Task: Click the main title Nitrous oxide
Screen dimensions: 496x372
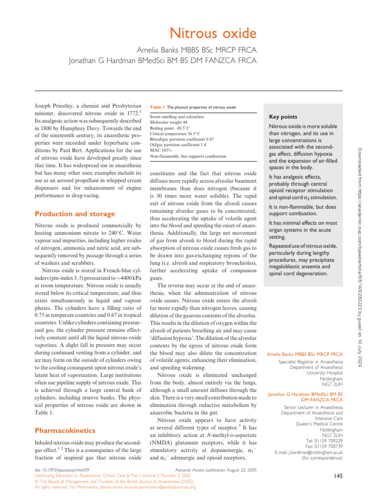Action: click(213, 34)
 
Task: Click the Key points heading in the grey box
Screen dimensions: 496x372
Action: click(283, 117)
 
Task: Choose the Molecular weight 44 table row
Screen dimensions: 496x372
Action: click(168, 123)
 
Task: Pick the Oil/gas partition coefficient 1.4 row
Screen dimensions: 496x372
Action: click(178, 144)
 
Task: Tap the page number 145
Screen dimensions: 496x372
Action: click(338, 477)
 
